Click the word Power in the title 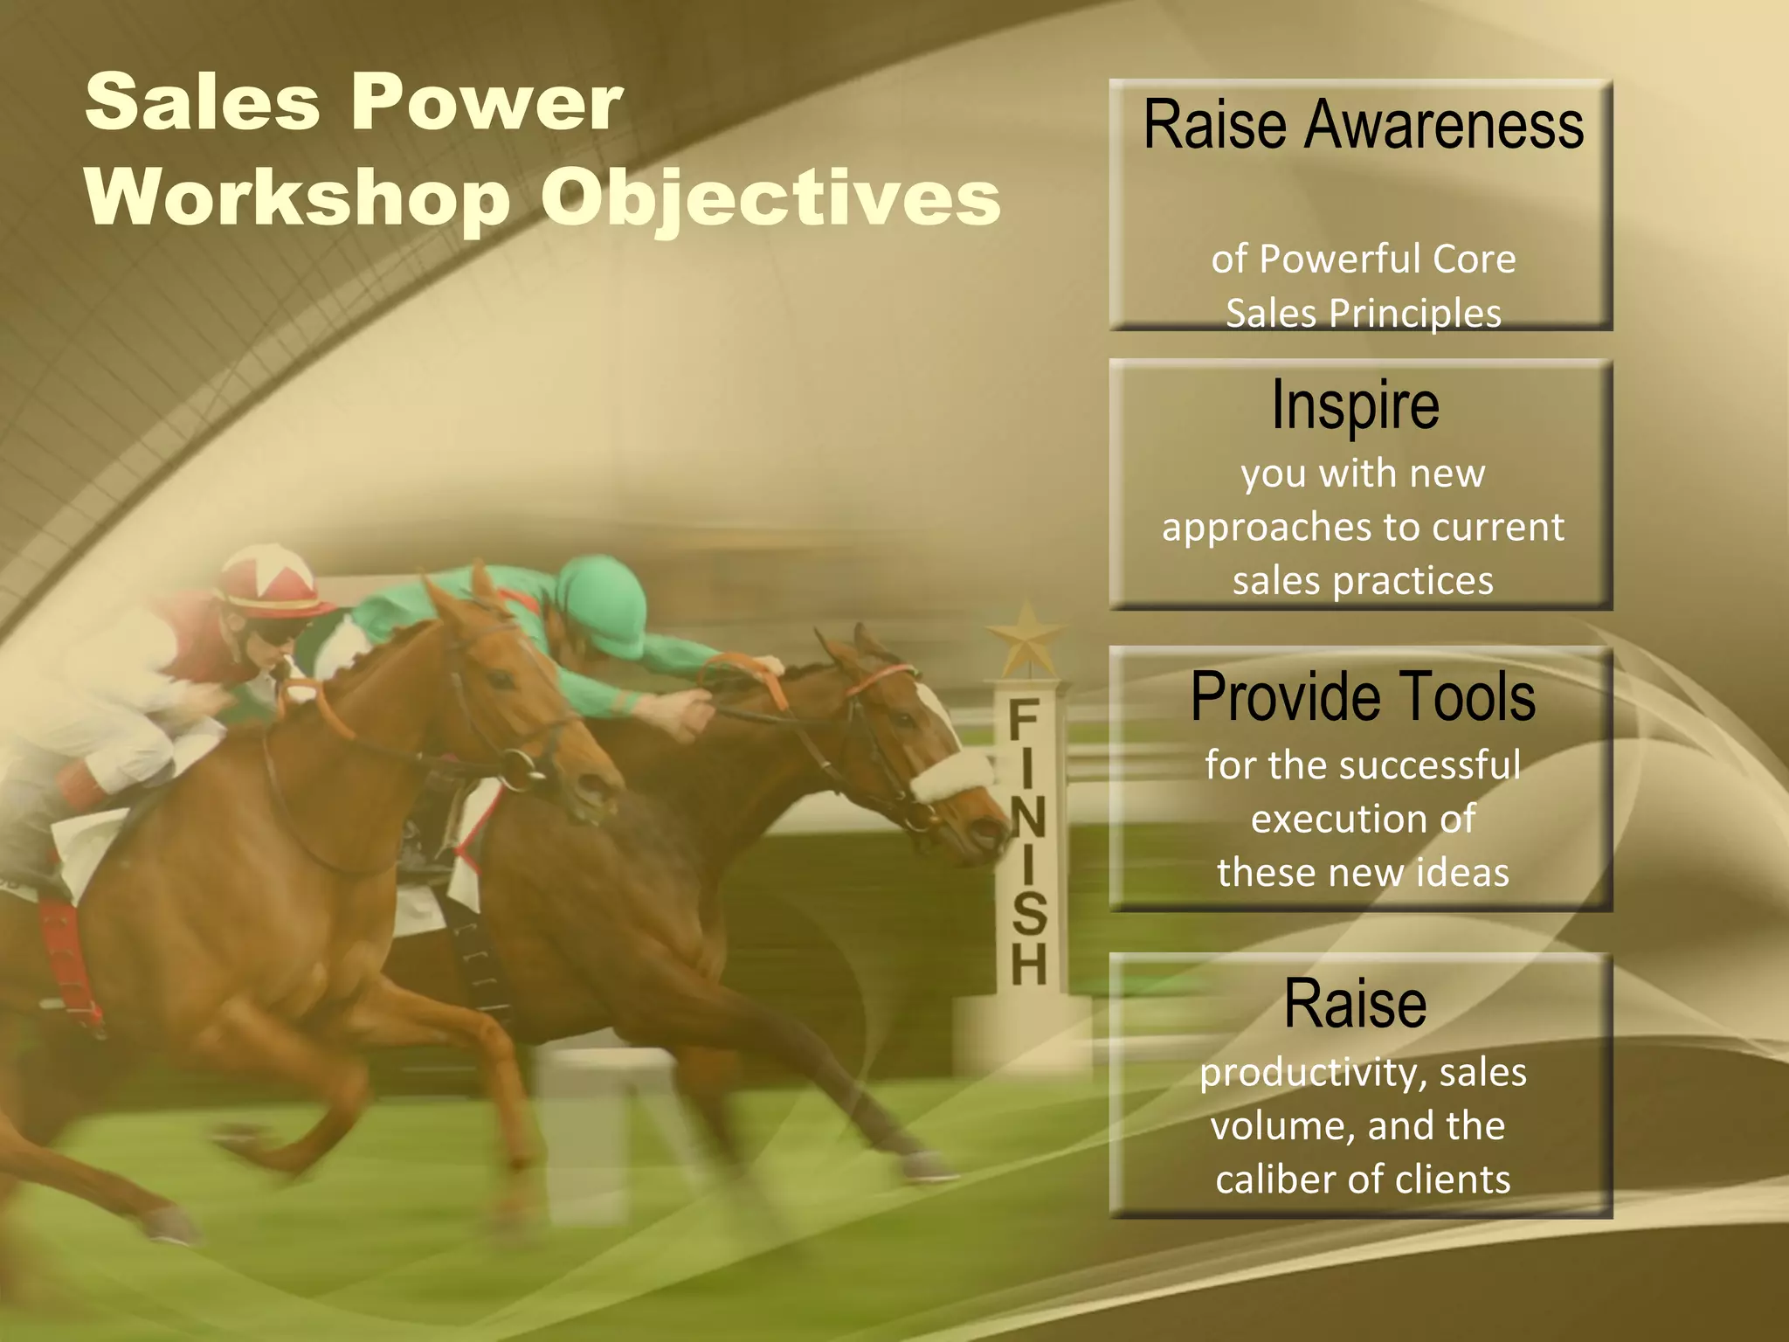[487, 103]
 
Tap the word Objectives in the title [770, 199]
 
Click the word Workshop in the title [297, 197]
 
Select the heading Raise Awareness [1363, 125]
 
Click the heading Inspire [1355, 405]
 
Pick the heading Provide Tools [1363, 696]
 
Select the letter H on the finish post [1028, 963]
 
